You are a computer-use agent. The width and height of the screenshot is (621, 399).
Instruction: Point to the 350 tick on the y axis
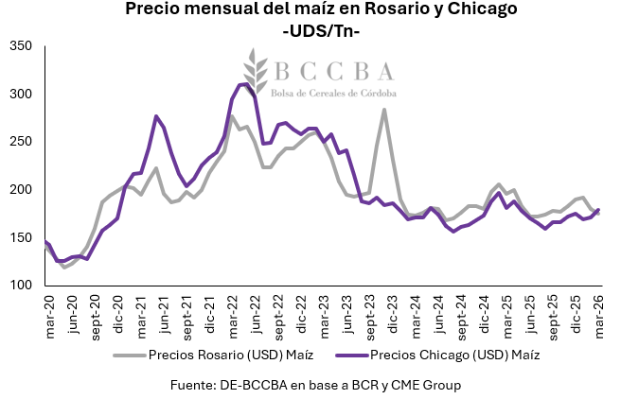point(20,46)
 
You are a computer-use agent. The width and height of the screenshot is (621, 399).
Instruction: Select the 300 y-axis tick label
point(20,94)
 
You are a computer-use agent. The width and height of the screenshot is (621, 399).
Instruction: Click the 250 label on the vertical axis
point(20,142)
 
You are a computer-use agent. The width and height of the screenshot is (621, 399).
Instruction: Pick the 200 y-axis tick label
point(20,190)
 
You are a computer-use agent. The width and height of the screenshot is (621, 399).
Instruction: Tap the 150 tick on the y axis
point(20,237)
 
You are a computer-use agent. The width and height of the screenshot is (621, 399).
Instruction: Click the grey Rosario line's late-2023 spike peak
point(383,110)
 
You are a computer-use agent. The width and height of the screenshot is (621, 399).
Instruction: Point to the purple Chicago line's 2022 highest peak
point(244,84)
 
